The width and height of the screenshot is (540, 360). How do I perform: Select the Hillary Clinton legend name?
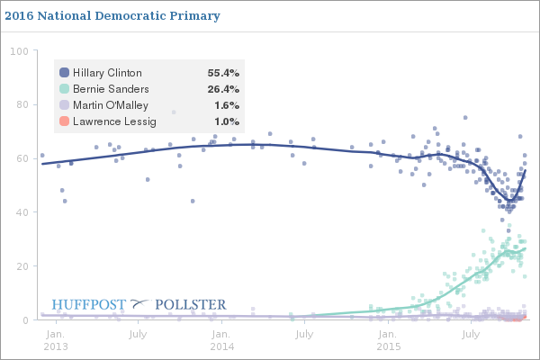tap(107, 72)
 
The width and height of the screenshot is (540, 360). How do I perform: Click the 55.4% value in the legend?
tap(221, 72)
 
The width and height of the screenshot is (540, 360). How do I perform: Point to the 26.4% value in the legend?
tap(221, 88)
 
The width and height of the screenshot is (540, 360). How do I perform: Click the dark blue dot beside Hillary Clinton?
tap(64, 72)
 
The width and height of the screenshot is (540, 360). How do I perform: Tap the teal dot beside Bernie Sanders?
tap(64, 88)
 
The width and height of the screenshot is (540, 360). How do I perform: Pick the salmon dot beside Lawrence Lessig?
tap(64, 121)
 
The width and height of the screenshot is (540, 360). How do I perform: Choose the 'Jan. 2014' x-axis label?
tap(222, 340)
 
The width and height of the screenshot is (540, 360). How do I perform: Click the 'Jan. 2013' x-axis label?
tap(56, 340)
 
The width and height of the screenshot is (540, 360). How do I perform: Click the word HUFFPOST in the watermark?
tap(88, 304)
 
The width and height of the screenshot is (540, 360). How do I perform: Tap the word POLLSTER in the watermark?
tap(191, 304)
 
